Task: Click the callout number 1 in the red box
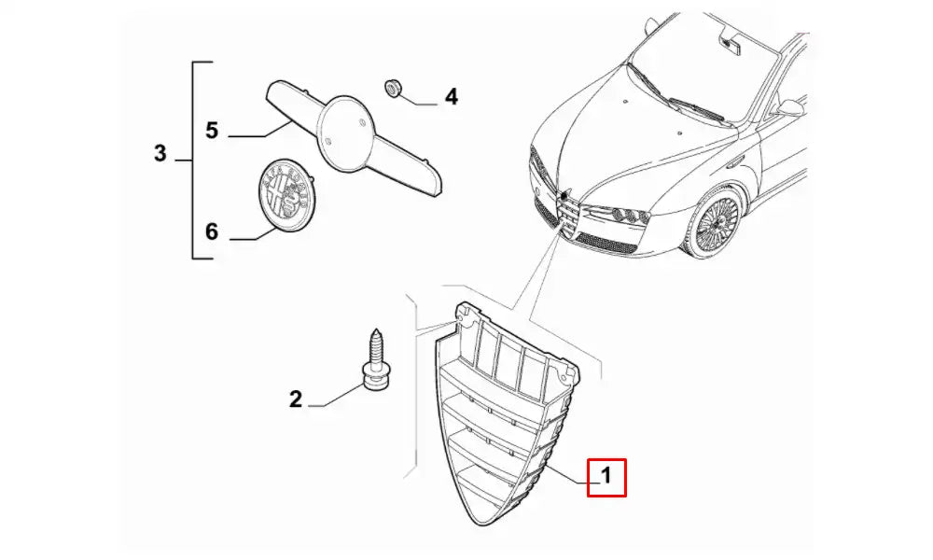click(606, 476)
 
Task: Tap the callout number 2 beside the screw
click(296, 399)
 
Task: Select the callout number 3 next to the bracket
click(160, 153)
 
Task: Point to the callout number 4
click(452, 96)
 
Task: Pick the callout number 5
click(212, 131)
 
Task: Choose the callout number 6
click(212, 231)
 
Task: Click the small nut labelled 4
click(392, 89)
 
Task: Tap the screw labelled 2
click(375, 361)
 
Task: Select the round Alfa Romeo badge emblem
click(286, 194)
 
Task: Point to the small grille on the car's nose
click(567, 217)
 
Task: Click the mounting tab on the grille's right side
click(565, 372)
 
